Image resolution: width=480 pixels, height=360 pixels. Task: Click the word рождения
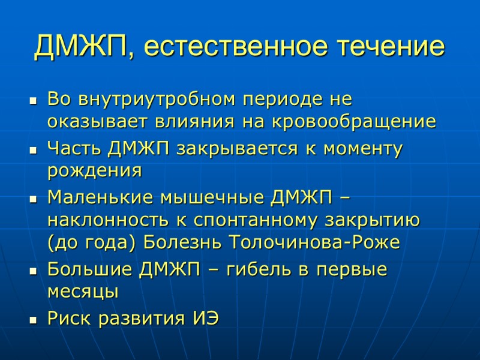[x=94, y=172]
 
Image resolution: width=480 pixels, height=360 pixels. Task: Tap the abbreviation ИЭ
[x=205, y=319]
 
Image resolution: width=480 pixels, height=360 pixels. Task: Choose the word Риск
[x=67, y=319]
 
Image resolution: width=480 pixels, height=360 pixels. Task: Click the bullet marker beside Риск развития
[x=33, y=320]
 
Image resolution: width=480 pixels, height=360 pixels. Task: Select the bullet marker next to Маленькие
[x=33, y=197]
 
